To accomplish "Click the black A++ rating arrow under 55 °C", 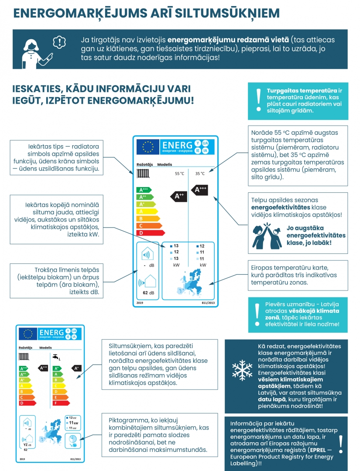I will pos(179,196).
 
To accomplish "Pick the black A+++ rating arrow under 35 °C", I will pos(200,189).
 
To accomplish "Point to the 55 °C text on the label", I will pos(179,174).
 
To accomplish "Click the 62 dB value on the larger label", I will pos(148,293).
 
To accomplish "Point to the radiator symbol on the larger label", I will pos(143,173).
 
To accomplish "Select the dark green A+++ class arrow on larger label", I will pos(144,190).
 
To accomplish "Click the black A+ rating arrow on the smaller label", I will pos(76,368).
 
